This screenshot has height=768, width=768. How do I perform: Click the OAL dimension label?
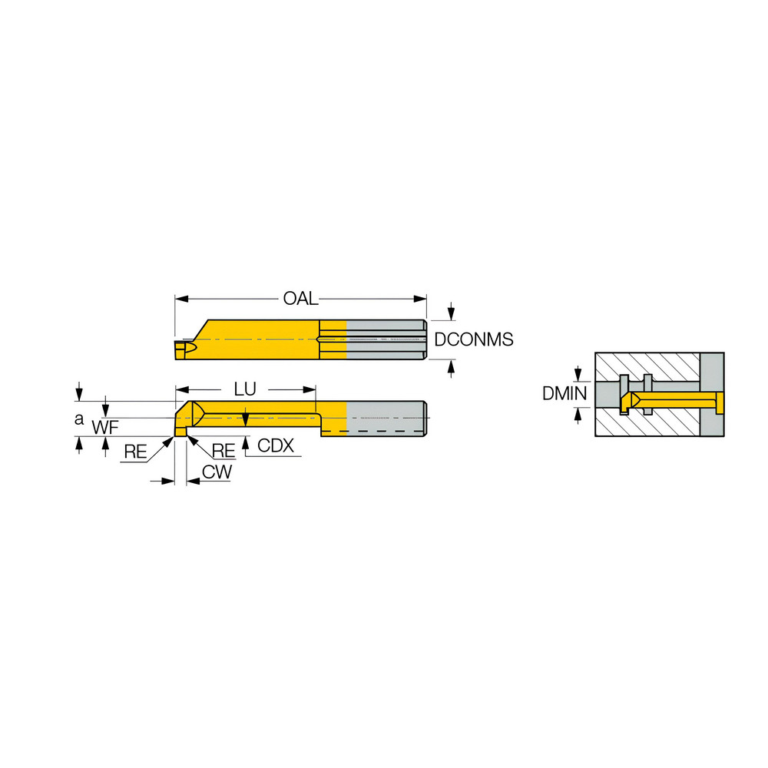click(300, 299)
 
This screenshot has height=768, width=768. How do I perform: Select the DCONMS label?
click(473, 339)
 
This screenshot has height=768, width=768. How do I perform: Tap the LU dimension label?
click(244, 389)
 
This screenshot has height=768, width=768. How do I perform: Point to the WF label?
click(105, 428)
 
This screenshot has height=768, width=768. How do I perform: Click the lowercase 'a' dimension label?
click(78, 419)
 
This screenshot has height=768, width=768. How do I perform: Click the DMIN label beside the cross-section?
click(564, 394)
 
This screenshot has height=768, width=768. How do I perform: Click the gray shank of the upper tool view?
click(386, 339)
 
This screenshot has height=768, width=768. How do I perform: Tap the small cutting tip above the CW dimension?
click(180, 432)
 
